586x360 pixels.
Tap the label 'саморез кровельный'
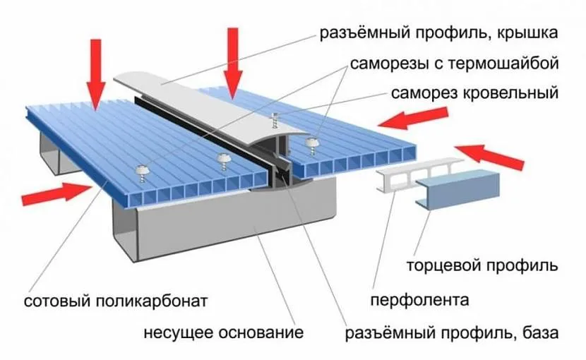pos(474,92)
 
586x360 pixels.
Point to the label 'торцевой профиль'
pos(483,266)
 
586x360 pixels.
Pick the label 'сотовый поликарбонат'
pos(116,301)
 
